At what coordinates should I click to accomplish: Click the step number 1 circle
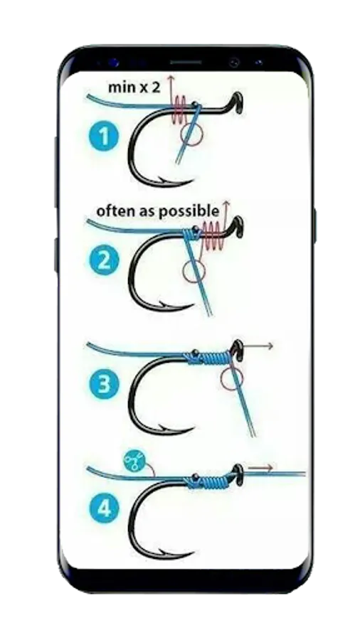point(103,137)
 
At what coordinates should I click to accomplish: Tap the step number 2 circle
point(103,260)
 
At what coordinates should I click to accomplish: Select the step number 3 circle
point(103,385)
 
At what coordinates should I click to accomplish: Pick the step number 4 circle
point(103,508)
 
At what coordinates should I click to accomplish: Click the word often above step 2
point(112,211)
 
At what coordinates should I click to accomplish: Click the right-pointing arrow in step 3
point(257,346)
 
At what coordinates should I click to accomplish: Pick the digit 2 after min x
point(156,87)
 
